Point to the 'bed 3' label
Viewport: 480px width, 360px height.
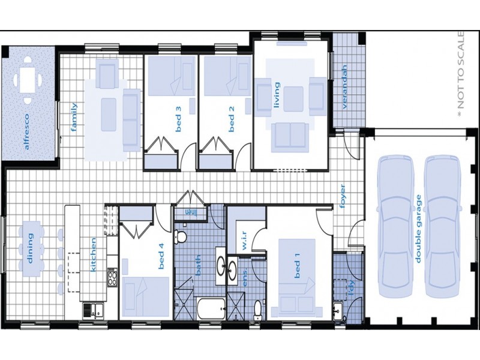click(178, 116)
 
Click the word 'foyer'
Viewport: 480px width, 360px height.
click(343, 195)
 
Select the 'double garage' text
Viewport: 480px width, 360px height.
click(418, 228)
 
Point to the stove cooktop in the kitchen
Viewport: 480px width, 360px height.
click(112, 277)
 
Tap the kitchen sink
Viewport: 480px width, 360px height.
click(92, 310)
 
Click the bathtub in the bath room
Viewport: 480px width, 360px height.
click(211, 310)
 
